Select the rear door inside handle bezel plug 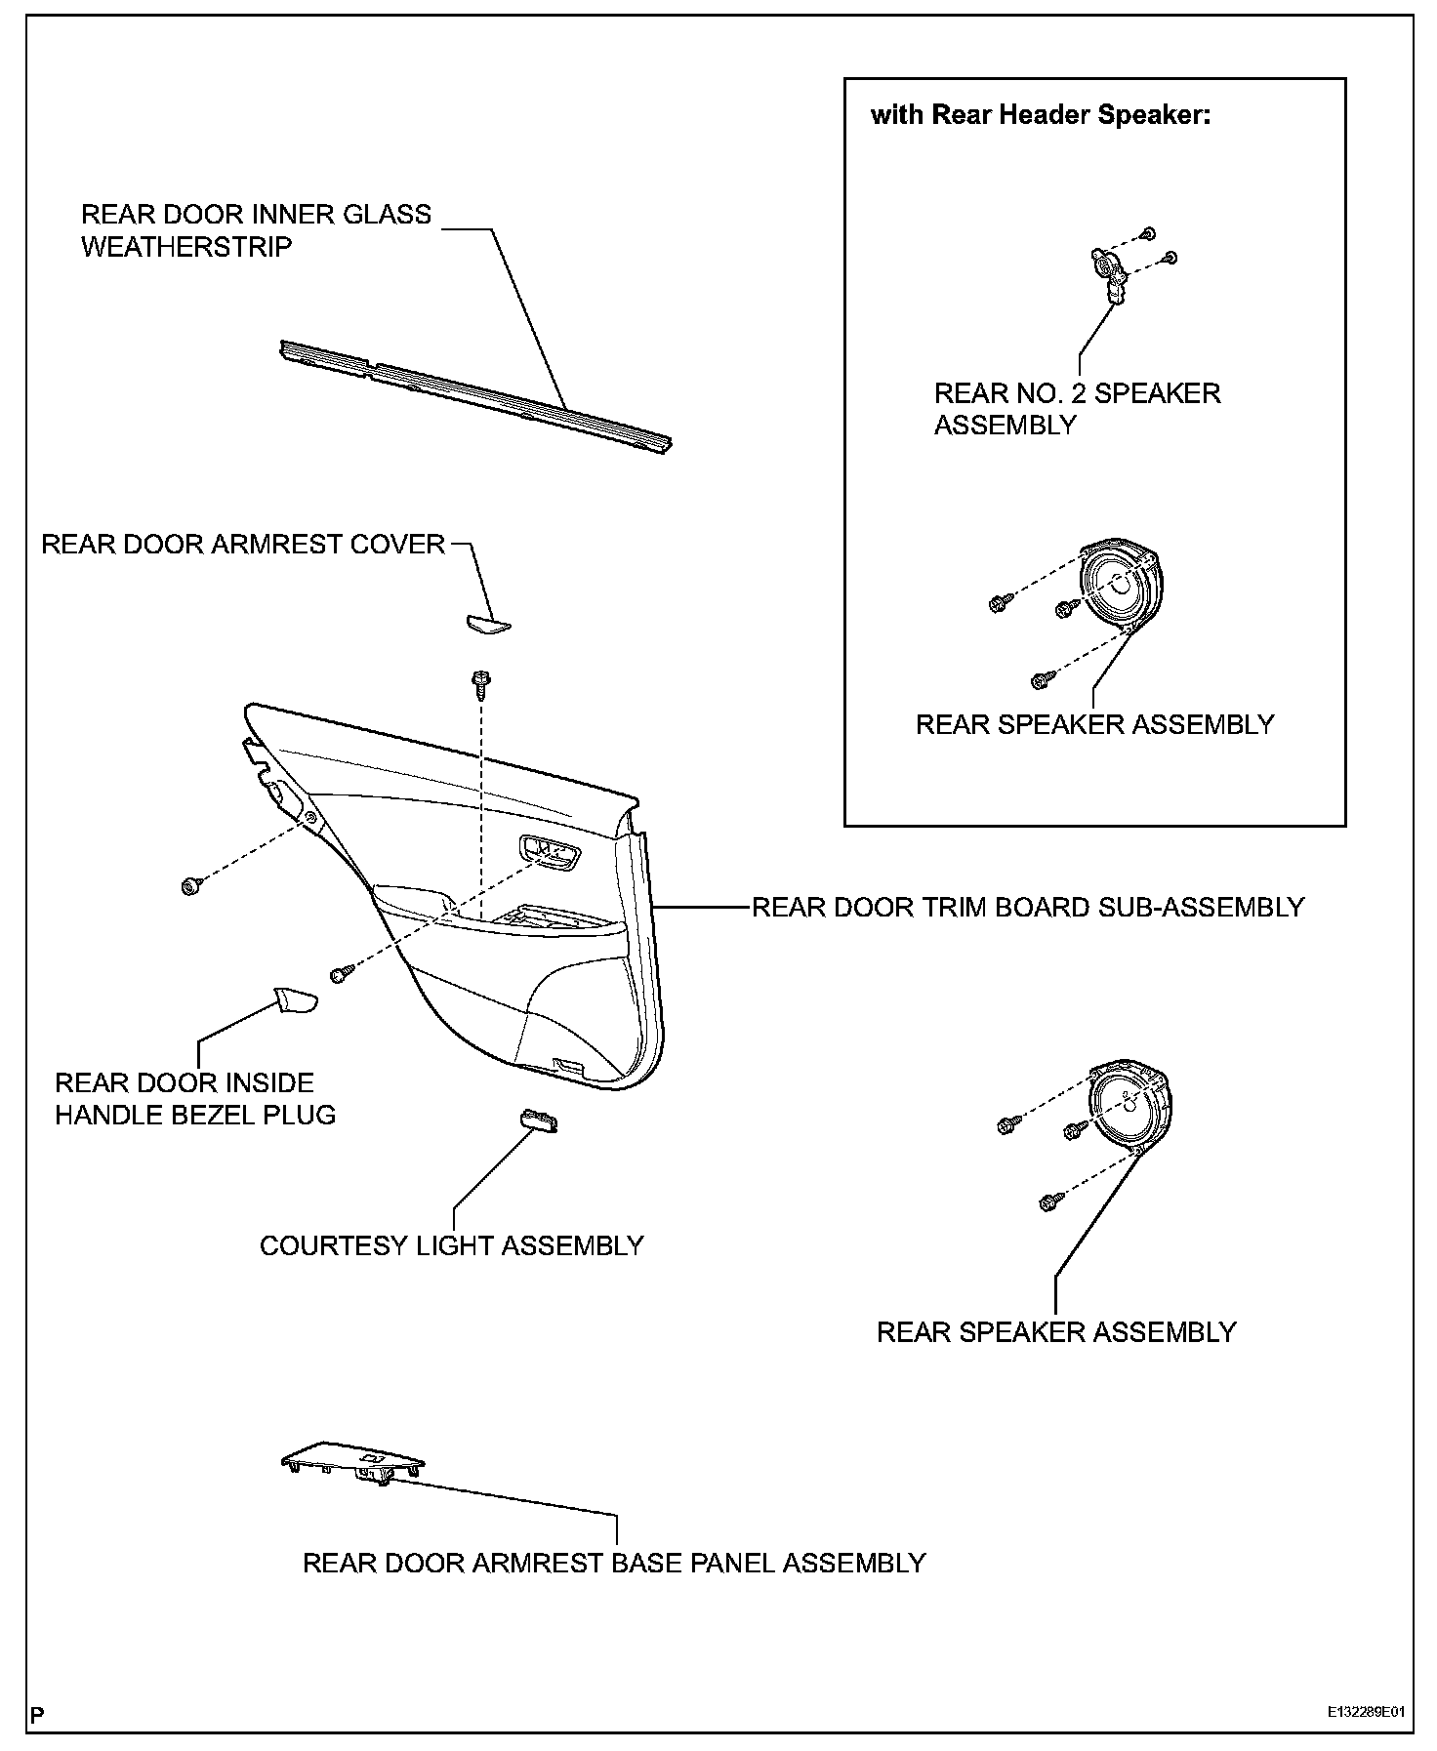pos(294,1000)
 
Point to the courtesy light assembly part pos(540,1120)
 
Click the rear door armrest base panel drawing pos(353,1461)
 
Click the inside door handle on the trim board pos(550,853)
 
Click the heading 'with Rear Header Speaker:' pos(1040,115)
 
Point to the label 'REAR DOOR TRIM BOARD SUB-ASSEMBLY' pos(1028,907)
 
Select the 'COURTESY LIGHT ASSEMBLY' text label pos(451,1245)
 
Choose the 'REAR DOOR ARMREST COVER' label pos(243,544)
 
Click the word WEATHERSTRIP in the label pos(186,247)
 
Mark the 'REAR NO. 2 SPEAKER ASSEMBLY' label pos(1077,409)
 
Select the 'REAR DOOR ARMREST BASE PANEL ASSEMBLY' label pos(614,1563)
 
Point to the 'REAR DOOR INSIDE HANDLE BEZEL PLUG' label pos(195,1098)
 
